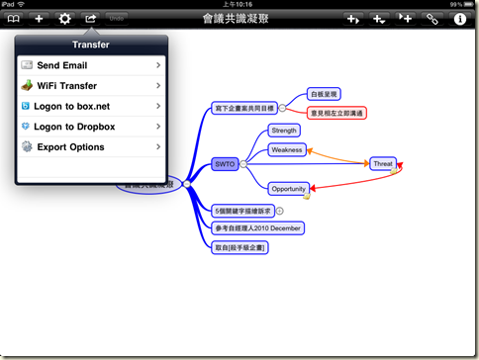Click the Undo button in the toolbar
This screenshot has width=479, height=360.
pyautogui.click(x=117, y=19)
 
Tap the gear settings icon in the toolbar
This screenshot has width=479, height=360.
pyautogui.click(x=65, y=19)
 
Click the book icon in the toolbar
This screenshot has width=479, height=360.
pyautogui.click(x=13, y=19)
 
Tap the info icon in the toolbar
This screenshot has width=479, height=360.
pyautogui.click(x=460, y=19)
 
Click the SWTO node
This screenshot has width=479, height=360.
pyautogui.click(x=226, y=165)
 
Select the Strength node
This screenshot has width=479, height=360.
pyautogui.click(x=284, y=131)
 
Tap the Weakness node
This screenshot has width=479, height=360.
pyautogui.click(x=287, y=150)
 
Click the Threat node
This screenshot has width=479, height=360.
pyautogui.click(x=383, y=164)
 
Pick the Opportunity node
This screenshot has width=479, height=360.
pyautogui.click(x=289, y=188)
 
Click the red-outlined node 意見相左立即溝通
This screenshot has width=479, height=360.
pyautogui.click(x=336, y=114)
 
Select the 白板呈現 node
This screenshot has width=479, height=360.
pyautogui.click(x=325, y=95)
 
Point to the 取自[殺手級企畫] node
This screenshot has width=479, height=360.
pyautogui.click(x=241, y=247)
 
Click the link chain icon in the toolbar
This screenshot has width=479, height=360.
pyautogui.click(x=431, y=19)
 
